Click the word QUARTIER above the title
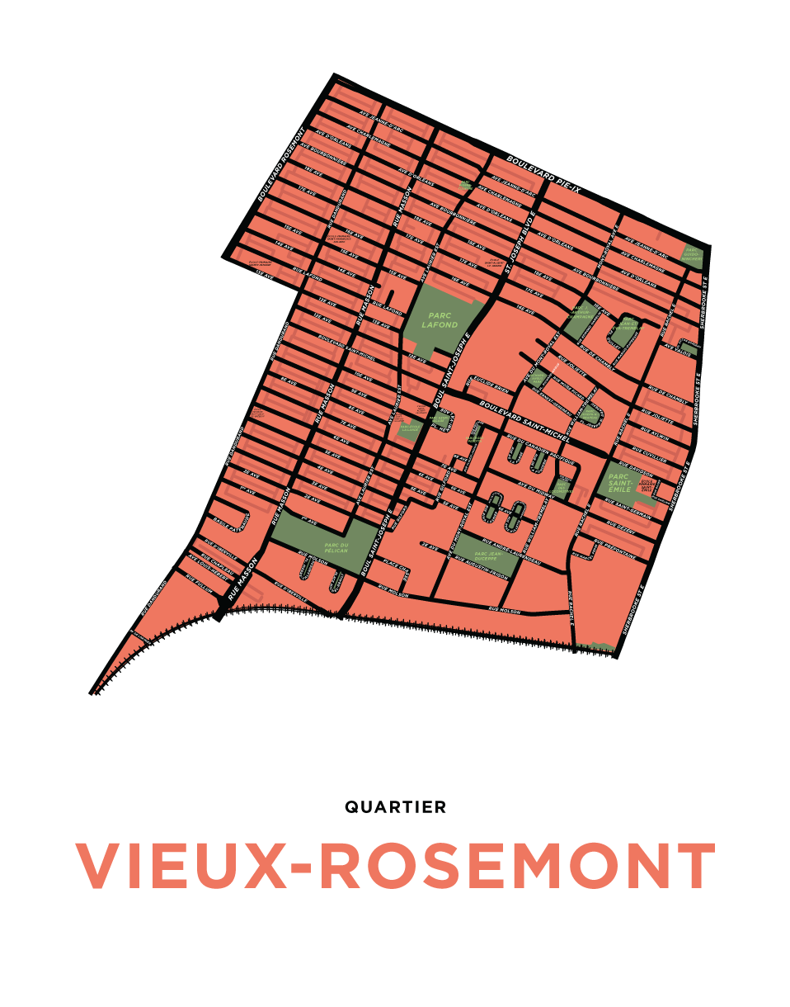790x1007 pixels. point(395,807)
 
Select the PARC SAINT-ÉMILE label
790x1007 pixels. point(619,483)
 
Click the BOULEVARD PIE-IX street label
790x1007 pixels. point(543,175)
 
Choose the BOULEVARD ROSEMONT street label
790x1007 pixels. point(281,164)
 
